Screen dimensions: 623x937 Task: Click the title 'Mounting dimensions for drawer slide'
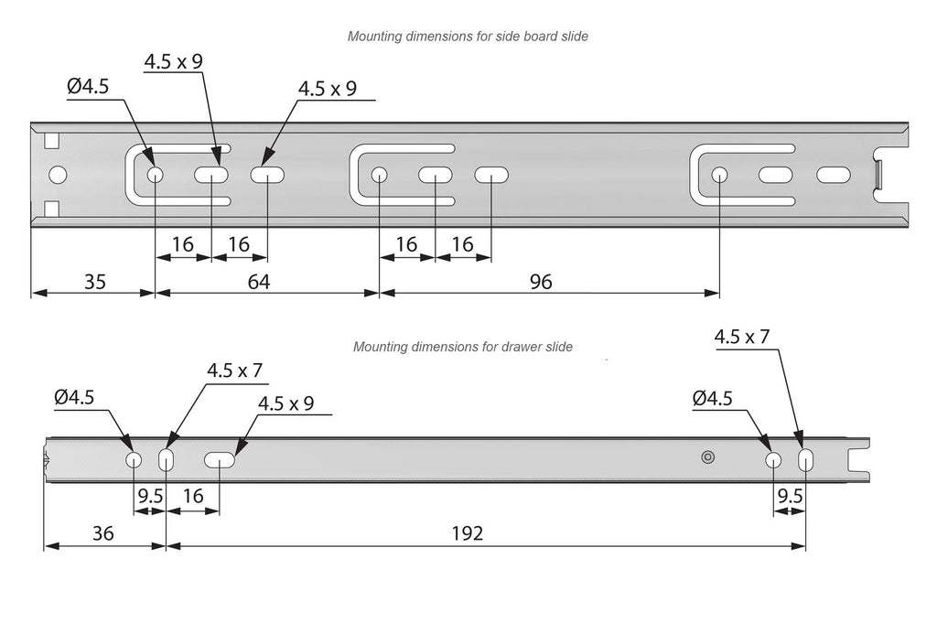(463, 348)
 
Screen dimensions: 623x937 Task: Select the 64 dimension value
(259, 282)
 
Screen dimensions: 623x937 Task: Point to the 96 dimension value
(541, 282)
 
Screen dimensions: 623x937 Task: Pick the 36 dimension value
(103, 533)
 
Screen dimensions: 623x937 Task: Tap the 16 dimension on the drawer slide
(193, 498)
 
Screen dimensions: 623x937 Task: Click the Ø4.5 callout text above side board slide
(89, 88)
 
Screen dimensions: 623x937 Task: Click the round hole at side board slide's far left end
(58, 175)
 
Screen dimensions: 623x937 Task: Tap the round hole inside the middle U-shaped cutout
(380, 175)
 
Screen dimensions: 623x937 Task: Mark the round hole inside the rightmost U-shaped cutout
(720, 174)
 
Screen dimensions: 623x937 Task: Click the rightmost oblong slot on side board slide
(833, 174)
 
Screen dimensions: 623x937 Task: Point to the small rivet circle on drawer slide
(706, 457)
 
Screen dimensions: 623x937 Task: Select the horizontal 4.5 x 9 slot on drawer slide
(220, 460)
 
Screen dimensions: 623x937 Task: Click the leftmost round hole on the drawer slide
(135, 459)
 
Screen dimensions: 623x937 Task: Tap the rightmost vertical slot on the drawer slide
(806, 459)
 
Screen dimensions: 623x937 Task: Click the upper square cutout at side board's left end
(51, 141)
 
